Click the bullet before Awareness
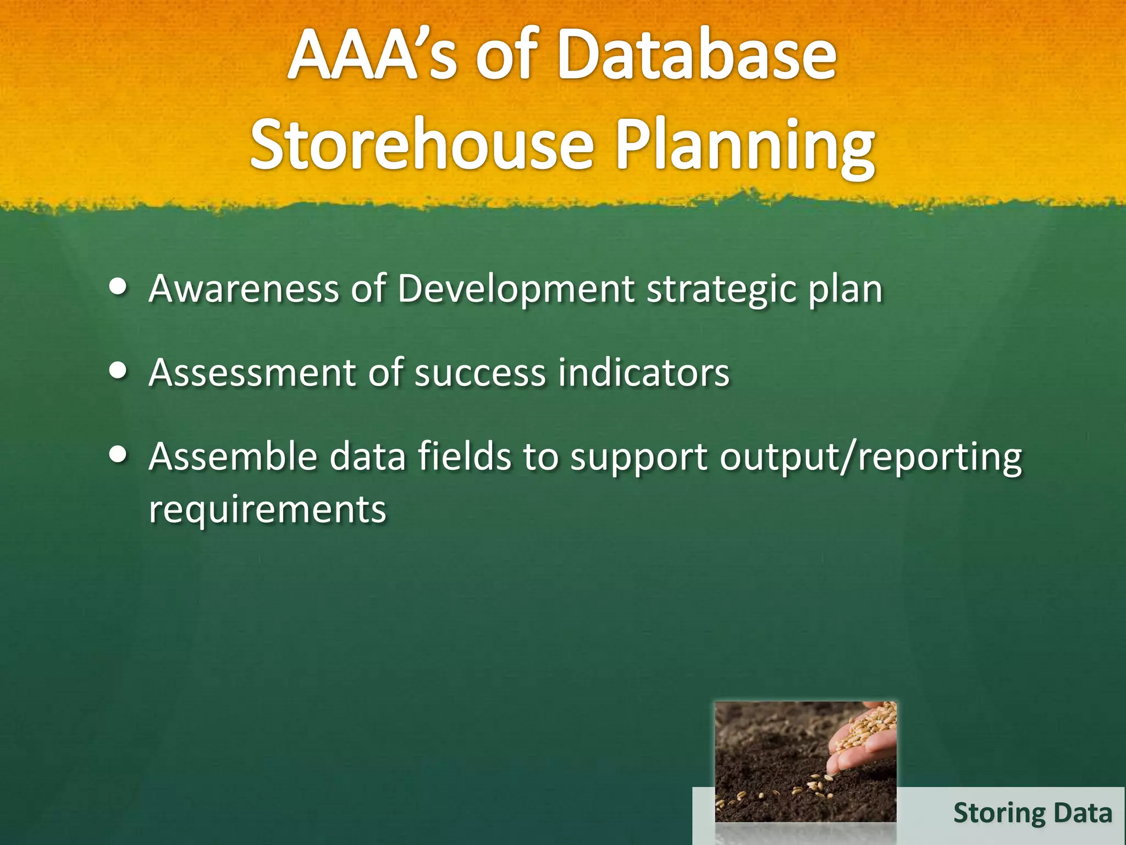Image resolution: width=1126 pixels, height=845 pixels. click(x=118, y=287)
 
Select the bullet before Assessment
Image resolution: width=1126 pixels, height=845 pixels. click(x=118, y=371)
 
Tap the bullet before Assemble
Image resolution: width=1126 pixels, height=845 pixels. click(x=118, y=455)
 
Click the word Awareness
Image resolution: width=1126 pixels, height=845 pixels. click(x=244, y=288)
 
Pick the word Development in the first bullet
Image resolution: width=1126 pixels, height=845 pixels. click(x=516, y=289)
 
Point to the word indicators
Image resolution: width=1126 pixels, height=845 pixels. click(x=643, y=373)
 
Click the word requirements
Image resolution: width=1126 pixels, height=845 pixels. click(x=268, y=509)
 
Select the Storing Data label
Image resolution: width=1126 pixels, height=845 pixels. click(x=1032, y=813)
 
